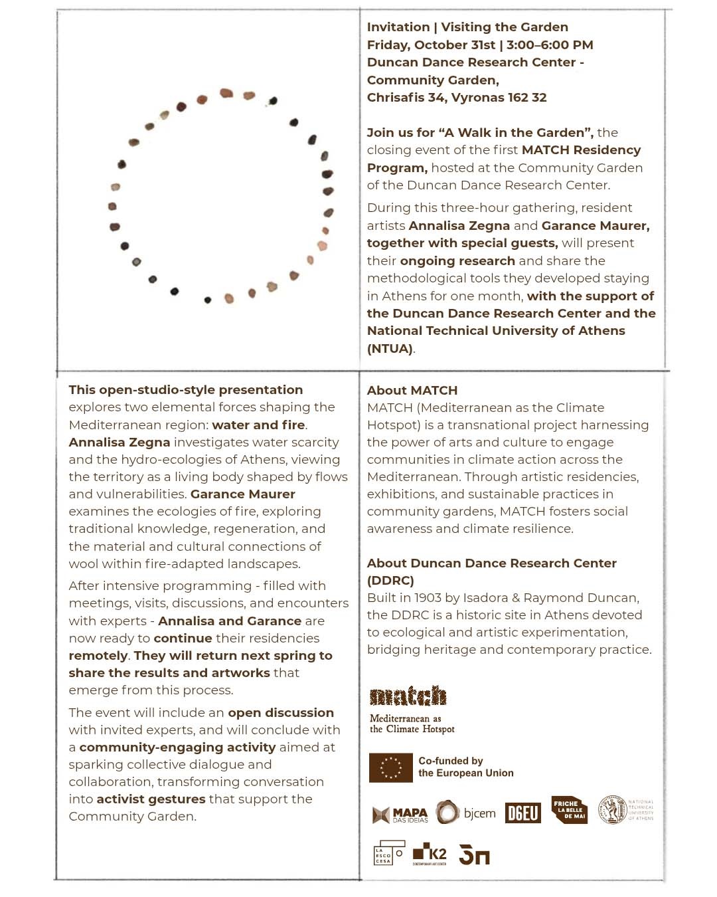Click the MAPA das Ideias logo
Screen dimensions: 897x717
click(400, 815)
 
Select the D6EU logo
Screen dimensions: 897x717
click(523, 813)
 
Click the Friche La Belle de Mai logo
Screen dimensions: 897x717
click(569, 810)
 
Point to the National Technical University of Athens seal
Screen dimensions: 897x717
click(612, 809)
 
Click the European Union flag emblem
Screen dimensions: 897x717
click(390, 767)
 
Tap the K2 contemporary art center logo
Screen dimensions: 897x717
click(430, 854)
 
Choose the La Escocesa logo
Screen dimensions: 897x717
click(388, 853)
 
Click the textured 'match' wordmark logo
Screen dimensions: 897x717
click(408, 696)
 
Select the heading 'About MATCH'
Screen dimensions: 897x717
click(412, 390)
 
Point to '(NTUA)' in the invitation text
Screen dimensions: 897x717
click(390, 348)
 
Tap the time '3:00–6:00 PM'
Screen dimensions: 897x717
click(550, 45)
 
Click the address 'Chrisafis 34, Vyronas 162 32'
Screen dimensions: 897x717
click(457, 97)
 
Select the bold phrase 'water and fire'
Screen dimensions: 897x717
click(258, 425)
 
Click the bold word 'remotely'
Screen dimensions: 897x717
click(98, 655)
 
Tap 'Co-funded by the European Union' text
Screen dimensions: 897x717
click(465, 767)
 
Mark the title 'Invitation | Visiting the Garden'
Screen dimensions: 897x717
click(467, 27)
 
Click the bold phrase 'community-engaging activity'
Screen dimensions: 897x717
click(177, 747)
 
